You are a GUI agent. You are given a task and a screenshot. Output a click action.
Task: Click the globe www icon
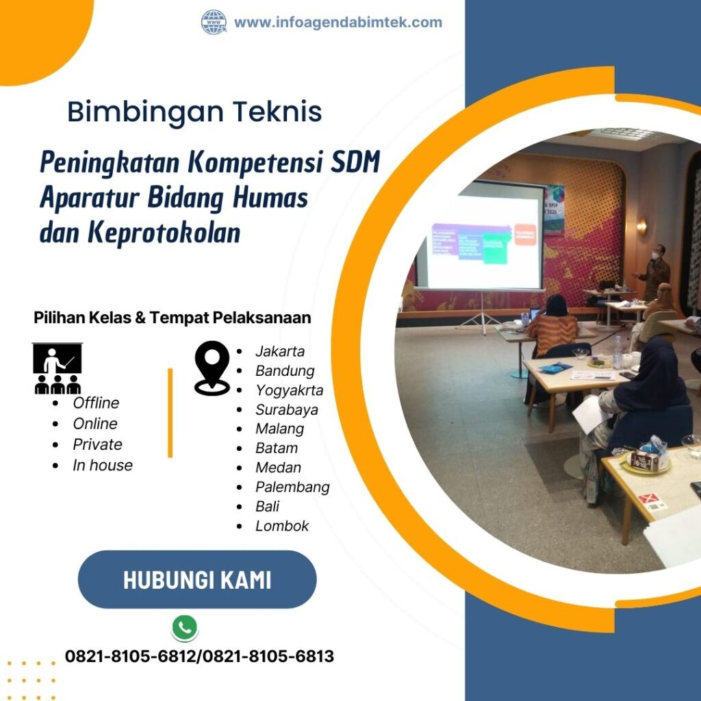pyautogui.click(x=214, y=23)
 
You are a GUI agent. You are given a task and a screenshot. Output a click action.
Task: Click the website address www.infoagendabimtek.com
pyautogui.click(x=338, y=23)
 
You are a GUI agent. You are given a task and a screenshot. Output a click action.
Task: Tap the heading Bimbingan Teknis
pyautogui.click(x=194, y=112)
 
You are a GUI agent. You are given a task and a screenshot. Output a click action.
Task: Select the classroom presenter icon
pyautogui.click(x=57, y=368)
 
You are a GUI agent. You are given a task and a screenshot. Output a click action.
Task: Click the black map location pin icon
pyautogui.click(x=212, y=368)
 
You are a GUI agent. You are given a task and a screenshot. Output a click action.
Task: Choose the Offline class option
pyautogui.click(x=96, y=403)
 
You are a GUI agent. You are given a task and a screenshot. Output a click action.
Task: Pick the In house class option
pyautogui.click(x=103, y=466)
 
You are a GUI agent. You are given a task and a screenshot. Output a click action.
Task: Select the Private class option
pyautogui.click(x=97, y=444)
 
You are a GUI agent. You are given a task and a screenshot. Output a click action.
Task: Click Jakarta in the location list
pyautogui.click(x=280, y=352)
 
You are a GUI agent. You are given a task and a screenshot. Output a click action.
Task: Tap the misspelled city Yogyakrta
pyautogui.click(x=289, y=391)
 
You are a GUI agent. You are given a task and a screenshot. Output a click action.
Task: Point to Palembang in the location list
pyautogui.click(x=292, y=487)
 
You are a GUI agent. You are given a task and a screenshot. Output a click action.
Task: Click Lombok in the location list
pyautogui.click(x=282, y=526)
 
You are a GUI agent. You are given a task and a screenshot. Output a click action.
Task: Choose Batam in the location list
pyautogui.click(x=277, y=448)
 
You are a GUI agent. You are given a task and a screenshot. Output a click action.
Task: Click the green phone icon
pyautogui.click(x=184, y=626)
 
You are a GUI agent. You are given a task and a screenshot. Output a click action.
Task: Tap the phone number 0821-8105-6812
pyautogui.click(x=130, y=657)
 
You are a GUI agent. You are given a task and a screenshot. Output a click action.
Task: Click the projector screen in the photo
pyautogui.click(x=479, y=236)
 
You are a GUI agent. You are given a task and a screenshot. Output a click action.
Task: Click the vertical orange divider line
pyautogui.click(x=170, y=412)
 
